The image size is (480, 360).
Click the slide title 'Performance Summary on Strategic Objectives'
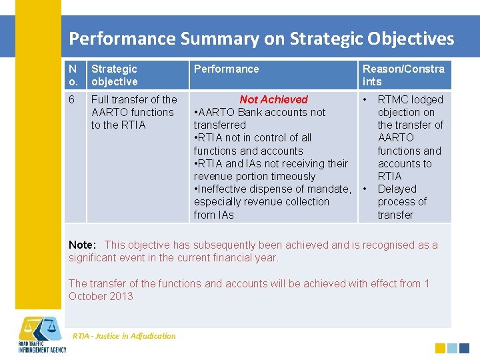[261, 38]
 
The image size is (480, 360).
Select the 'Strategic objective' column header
[115, 75]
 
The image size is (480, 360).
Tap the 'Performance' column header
[226, 69]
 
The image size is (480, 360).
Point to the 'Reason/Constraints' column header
[403, 75]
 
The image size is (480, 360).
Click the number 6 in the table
[72, 99]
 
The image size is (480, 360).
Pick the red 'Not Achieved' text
[273, 99]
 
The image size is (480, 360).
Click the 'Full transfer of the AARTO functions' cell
[133, 112]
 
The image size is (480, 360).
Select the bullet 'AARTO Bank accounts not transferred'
[259, 119]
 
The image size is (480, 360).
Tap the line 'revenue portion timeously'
[254, 176]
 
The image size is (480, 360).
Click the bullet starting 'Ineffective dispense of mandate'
[272, 189]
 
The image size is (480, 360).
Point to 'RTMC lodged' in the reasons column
[410, 99]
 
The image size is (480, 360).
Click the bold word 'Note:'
[83, 245]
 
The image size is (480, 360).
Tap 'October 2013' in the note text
[101, 296]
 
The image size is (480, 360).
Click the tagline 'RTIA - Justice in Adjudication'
[124, 336]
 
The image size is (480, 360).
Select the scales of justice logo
[40, 328]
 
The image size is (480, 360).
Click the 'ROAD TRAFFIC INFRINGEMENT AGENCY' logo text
[41, 347]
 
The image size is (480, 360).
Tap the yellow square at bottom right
[440, 348]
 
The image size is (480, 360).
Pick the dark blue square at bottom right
[464, 348]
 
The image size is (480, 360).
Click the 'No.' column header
[73, 75]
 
